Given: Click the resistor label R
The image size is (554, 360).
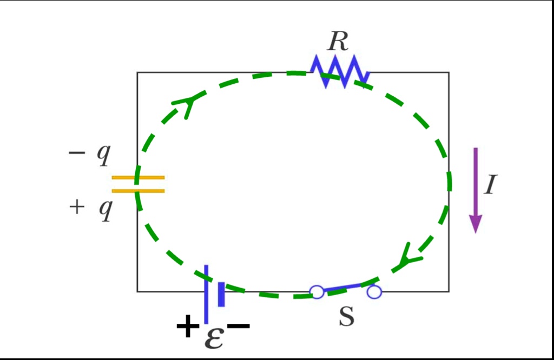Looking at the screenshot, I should [338, 42].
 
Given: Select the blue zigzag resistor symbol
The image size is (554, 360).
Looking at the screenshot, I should [340, 71].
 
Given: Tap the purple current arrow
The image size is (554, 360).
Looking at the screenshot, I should [476, 189].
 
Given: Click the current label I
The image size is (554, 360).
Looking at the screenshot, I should [490, 185].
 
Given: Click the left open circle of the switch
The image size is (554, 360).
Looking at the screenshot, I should [317, 292].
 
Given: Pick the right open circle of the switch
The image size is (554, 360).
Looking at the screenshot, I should [374, 292].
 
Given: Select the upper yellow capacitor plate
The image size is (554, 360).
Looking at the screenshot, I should [138, 177].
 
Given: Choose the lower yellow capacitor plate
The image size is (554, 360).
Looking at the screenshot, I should [138, 190].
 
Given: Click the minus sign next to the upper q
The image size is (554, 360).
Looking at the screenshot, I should [77, 154].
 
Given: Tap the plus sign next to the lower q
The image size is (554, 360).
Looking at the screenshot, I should [77, 207].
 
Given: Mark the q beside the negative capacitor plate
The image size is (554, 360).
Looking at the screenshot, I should [103, 155].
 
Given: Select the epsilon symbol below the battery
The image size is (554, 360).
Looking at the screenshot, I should [214, 337].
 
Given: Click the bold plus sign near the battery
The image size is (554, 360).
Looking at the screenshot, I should [186, 327].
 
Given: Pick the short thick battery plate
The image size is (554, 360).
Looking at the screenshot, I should [221, 294].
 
